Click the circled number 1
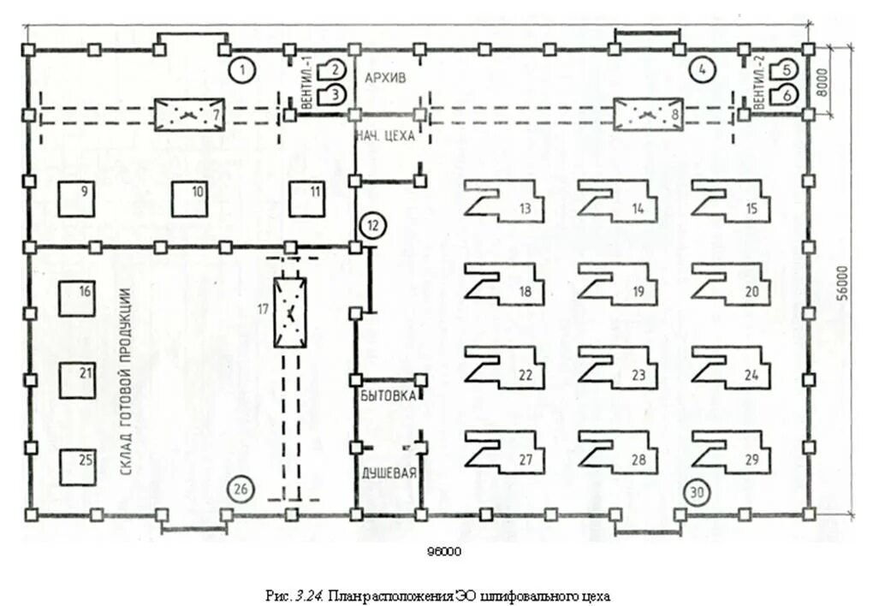pyautogui.click(x=241, y=70)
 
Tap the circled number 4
pyautogui.click(x=702, y=69)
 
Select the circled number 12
pyautogui.click(x=373, y=225)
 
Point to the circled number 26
pyautogui.click(x=240, y=490)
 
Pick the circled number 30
pyautogui.click(x=697, y=492)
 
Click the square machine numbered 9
pyautogui.click(x=76, y=199)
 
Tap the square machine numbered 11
pyautogui.click(x=306, y=199)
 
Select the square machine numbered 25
pyautogui.click(x=78, y=467)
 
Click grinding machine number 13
pyautogui.click(x=504, y=201)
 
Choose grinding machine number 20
pyautogui.click(x=732, y=284)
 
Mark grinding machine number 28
pyautogui.click(x=618, y=452)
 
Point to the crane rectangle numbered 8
pyautogui.click(x=649, y=115)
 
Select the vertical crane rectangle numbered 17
pyautogui.click(x=290, y=312)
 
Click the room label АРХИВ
pyautogui.click(x=385, y=78)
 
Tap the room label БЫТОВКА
pyautogui.click(x=388, y=395)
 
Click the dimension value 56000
pyautogui.click(x=842, y=284)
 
